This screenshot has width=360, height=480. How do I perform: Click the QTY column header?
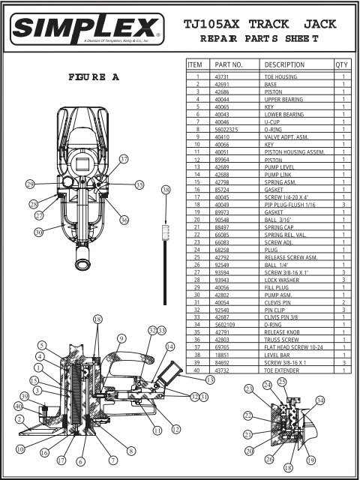[x=343, y=65]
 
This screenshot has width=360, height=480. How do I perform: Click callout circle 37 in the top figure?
[x=124, y=158]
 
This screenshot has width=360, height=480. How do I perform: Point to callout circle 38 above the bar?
[x=166, y=190]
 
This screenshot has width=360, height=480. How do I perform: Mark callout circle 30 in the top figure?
[x=37, y=232]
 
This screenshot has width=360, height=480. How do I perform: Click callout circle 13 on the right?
[x=209, y=380]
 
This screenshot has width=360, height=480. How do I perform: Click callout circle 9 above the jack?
[x=120, y=339]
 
